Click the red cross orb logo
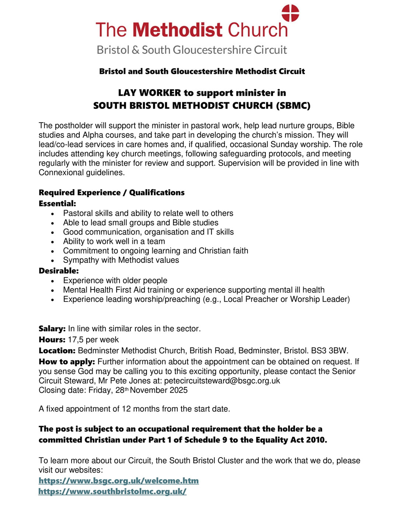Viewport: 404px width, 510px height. click(290, 13)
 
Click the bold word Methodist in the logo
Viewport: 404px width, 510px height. click(177, 30)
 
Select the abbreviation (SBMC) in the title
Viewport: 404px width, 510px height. click(293, 106)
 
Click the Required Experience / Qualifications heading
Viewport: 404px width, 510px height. click(111, 192)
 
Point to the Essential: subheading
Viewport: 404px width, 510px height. click(57, 203)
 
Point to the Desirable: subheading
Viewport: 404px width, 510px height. click(59, 271)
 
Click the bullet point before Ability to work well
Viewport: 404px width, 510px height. click(53, 242)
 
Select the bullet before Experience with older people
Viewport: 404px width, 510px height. click(53, 281)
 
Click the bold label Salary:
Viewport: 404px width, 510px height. click(52, 329)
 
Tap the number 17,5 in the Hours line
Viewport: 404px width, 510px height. click(76, 340)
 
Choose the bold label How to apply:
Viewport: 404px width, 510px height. click(67, 362)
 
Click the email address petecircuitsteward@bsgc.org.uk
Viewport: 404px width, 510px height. click(222, 381)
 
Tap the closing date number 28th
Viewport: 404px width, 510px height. click(121, 390)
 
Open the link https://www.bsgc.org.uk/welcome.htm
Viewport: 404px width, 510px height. click(118, 481)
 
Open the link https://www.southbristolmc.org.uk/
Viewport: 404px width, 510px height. click(112, 492)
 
